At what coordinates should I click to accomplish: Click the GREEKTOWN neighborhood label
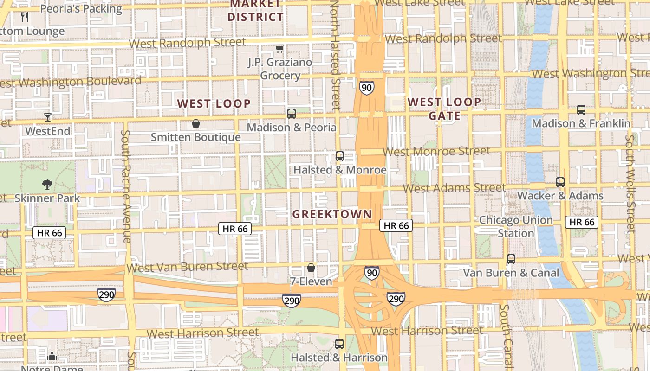[332, 214]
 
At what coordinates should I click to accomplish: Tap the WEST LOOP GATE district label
[444, 109]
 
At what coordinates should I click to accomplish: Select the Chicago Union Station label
[516, 226]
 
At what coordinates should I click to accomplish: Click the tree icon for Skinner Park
[47, 185]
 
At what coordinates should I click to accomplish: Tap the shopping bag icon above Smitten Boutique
[196, 123]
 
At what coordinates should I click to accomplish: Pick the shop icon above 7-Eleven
[311, 268]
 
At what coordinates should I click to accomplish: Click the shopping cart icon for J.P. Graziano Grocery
[279, 49]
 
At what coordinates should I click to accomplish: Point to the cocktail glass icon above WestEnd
[47, 117]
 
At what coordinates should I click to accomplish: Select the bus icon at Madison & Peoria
[292, 113]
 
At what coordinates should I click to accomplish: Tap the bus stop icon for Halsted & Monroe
[340, 156]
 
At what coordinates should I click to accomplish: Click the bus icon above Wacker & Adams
[560, 182]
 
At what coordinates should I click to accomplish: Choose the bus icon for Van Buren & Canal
[511, 259]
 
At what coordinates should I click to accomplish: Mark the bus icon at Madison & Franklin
[581, 110]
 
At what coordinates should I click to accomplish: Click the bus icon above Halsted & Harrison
[339, 344]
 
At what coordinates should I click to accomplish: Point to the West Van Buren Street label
[187, 267]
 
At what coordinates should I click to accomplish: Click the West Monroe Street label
[436, 151]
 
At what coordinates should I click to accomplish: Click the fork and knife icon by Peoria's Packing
[25, 18]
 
